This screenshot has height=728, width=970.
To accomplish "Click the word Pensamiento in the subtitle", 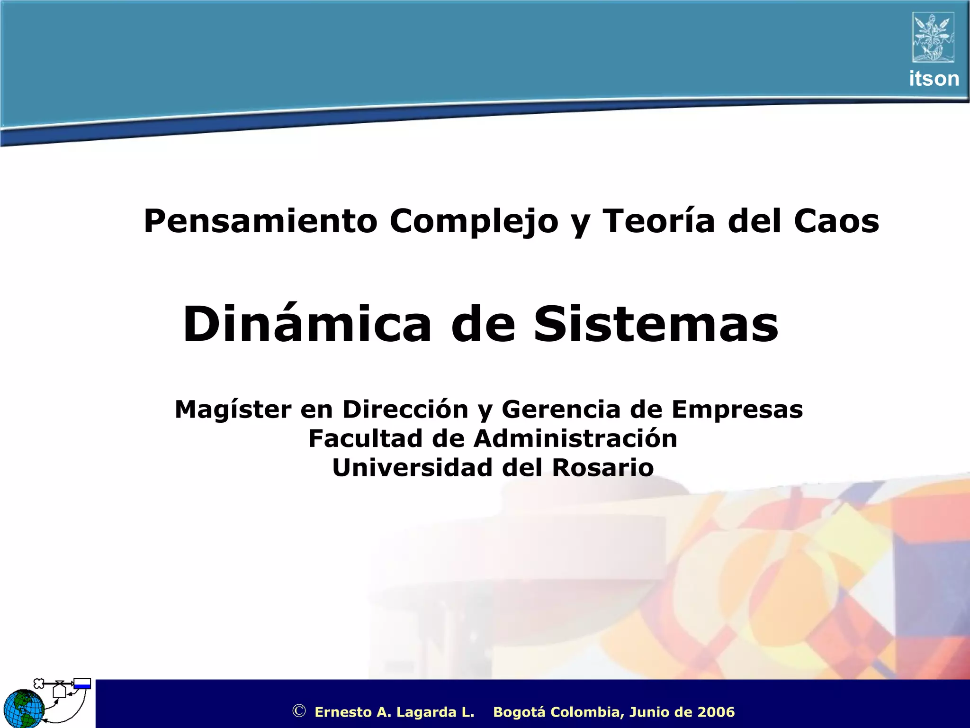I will tap(260, 221).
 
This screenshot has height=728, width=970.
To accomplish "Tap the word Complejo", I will tap(474, 221).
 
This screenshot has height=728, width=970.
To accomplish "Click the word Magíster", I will tap(233, 409).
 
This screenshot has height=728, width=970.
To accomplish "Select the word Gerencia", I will tap(560, 409).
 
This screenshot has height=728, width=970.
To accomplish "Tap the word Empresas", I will tap(737, 410).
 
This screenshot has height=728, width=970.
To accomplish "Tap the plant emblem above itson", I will tap(933, 37).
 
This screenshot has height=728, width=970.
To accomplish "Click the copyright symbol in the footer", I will tap(299, 711).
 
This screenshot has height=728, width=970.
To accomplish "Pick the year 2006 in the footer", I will tap(716, 712).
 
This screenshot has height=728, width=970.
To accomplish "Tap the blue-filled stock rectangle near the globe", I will tap(82, 684).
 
